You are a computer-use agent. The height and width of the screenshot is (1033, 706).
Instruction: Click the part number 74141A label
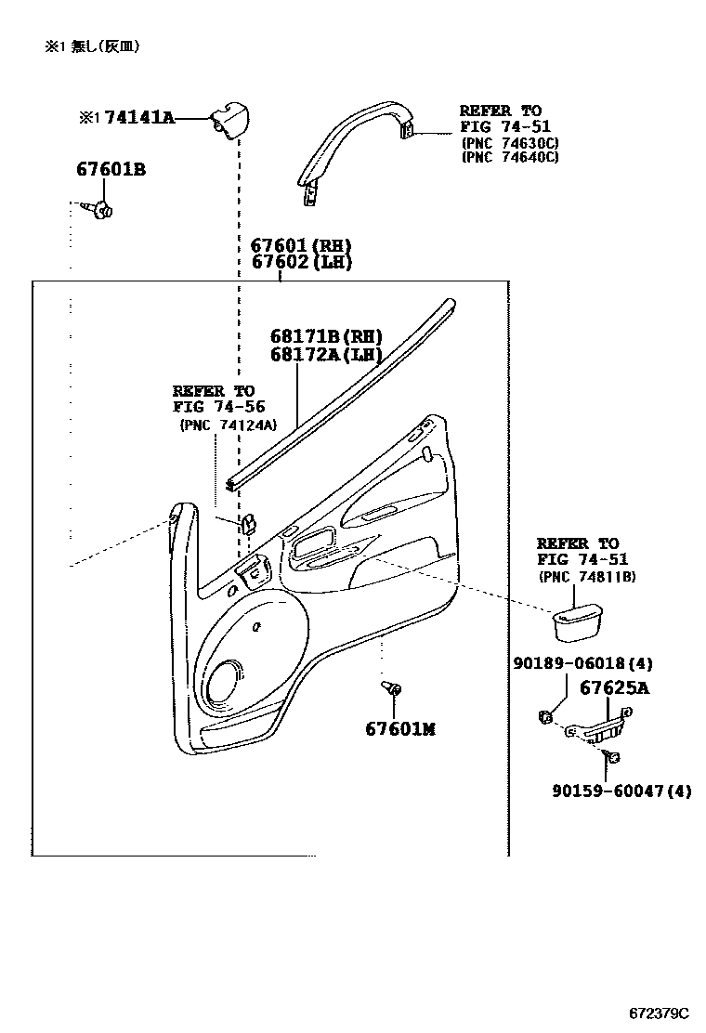pos(139,118)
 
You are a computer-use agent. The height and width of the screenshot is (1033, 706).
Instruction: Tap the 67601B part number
pos(111,170)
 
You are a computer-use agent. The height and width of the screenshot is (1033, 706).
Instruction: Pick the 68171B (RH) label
pos(326,336)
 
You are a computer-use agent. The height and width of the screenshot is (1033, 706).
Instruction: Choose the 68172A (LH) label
pos(326,354)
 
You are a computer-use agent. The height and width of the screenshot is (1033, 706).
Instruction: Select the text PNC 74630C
pos(509,142)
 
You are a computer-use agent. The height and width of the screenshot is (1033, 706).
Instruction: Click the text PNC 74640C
pos(509,157)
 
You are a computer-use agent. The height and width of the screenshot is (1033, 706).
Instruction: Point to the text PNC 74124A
pos(229,425)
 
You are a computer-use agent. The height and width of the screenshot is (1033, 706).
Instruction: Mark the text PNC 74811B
pos(586,576)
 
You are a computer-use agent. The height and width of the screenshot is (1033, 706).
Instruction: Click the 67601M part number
pos(399,729)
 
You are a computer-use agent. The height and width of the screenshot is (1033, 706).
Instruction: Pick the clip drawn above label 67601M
pos(393,689)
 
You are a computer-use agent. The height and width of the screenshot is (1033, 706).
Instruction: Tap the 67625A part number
pos(614,688)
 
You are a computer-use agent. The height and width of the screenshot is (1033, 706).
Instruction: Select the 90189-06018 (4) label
pos(582,663)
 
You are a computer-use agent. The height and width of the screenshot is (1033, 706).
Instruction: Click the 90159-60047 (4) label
pos(621,791)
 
